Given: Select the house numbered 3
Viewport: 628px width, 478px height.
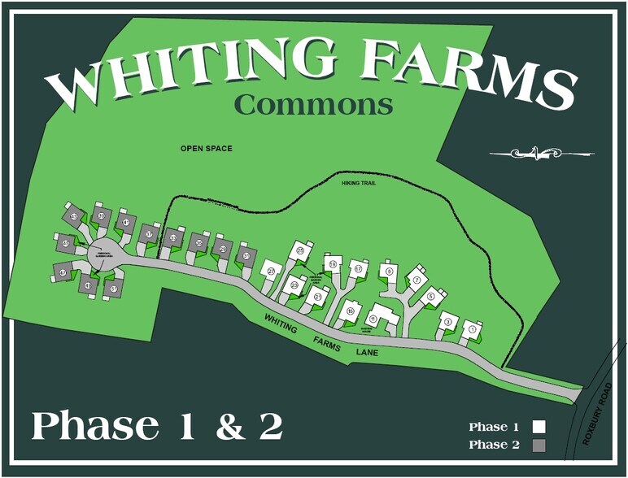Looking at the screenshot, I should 447,323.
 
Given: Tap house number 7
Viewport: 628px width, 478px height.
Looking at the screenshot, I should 416,280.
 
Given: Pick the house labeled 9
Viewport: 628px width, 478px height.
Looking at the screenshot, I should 390,272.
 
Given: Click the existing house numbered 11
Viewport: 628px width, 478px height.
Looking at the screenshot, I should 374,318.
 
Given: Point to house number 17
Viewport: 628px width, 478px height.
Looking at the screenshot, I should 357,269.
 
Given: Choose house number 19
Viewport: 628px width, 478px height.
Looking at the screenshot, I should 332,264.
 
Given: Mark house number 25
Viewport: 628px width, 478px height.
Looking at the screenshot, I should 300,251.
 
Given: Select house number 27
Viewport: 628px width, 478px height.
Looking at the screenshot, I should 272,271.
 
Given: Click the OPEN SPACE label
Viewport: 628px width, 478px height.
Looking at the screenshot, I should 207,149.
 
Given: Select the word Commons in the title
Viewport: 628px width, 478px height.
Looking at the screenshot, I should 313,104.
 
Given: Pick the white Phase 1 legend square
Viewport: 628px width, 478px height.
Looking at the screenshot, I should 539,427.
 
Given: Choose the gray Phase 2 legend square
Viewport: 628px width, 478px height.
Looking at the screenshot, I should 539,445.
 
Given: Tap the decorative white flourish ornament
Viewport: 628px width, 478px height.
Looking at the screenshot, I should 541,152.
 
